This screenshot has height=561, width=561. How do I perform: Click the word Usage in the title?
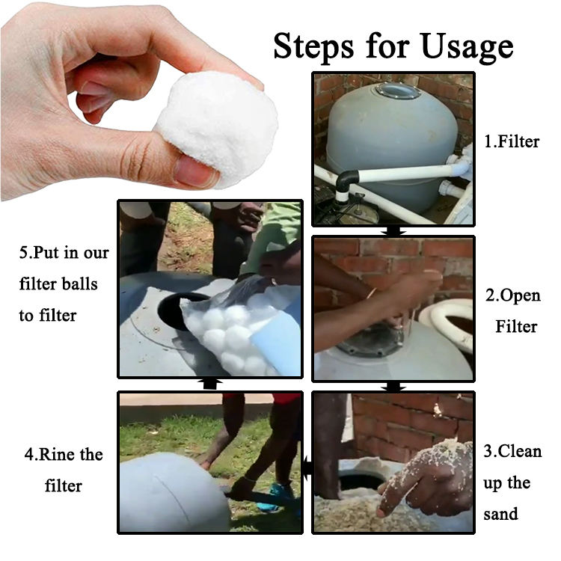click(467, 47)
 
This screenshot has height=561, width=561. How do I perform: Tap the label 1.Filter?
click(512, 141)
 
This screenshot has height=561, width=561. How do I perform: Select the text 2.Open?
click(513, 296)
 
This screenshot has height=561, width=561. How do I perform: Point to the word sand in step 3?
click(500, 514)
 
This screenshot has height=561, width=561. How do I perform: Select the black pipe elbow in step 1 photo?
click(347, 182)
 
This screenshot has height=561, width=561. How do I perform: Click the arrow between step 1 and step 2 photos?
click(393, 231)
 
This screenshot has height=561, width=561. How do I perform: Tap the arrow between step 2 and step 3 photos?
click(393, 387)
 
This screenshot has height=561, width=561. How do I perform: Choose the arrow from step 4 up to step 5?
click(211, 384)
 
